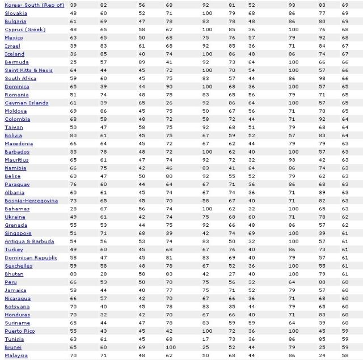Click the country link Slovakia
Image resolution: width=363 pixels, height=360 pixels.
click(16, 13)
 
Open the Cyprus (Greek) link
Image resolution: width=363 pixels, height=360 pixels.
click(25, 29)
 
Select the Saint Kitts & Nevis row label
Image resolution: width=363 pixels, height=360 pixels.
click(28, 70)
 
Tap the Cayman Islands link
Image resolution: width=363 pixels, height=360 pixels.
click(26, 103)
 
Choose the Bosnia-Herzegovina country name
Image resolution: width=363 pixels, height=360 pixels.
click(31, 201)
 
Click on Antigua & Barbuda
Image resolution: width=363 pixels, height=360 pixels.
click(29, 242)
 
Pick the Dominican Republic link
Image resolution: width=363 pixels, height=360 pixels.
click(31, 258)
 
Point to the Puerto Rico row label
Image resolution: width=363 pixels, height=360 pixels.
click(19, 331)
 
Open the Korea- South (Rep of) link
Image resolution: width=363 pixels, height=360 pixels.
click(34, 5)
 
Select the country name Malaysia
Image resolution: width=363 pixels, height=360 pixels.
click(16, 355)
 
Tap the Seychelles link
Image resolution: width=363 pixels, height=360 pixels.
click(18, 266)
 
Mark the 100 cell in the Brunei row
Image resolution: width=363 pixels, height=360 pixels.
click(171, 348)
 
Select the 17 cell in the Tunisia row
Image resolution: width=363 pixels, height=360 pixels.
click(207, 339)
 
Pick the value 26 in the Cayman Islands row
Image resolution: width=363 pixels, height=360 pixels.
click(170, 103)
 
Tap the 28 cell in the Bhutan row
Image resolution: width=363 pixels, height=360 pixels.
click(103, 274)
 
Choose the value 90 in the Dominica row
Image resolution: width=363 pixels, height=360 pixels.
click(170, 87)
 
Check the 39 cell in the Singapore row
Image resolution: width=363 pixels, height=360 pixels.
click(170, 234)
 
